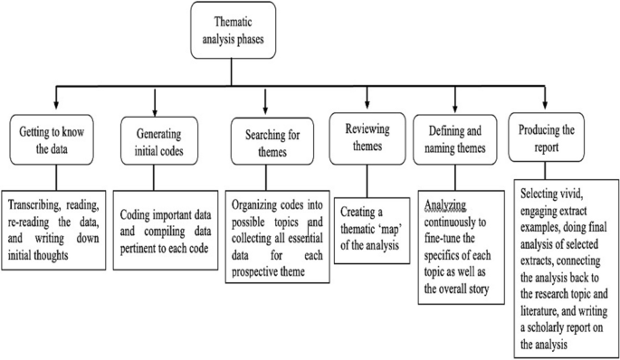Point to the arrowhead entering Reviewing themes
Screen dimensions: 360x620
pos(366,107)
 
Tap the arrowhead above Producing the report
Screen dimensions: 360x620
pos(546,105)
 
